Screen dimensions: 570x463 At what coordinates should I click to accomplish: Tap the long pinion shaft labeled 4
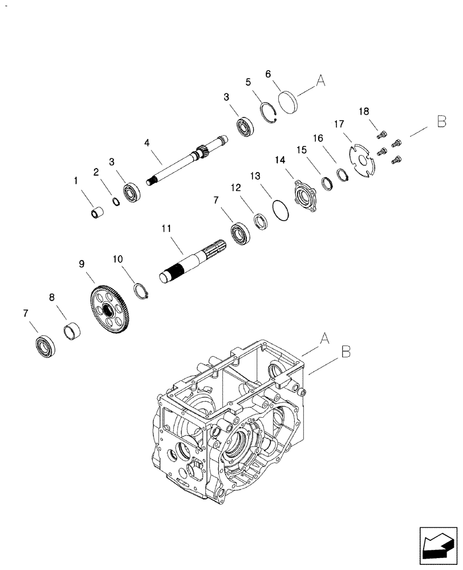click(182, 161)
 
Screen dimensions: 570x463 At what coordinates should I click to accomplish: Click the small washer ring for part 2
click(115, 201)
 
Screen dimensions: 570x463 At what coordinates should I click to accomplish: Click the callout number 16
click(318, 138)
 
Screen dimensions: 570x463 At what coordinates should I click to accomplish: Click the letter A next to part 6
click(320, 82)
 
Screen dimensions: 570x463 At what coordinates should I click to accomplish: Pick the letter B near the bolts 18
click(441, 121)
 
